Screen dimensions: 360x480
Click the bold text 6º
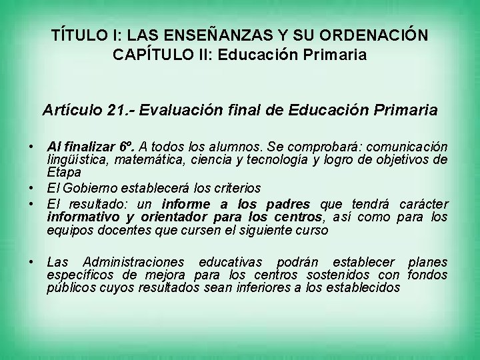coord(129,146)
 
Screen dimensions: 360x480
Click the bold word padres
coord(287,204)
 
